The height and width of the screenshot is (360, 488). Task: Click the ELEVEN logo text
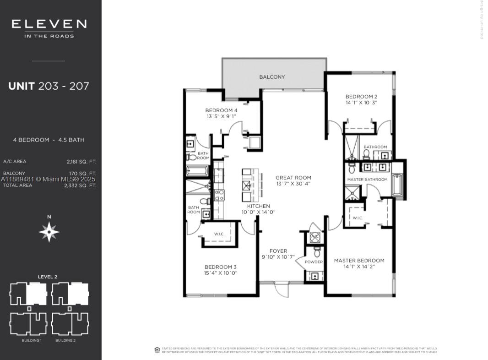pyautogui.click(x=49, y=24)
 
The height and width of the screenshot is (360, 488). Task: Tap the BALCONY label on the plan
pyautogui.click(x=272, y=77)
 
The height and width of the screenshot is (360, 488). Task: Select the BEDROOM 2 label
pyautogui.click(x=361, y=97)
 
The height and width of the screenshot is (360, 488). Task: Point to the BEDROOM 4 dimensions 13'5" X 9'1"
pyautogui.click(x=221, y=117)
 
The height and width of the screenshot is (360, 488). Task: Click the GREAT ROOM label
pyautogui.click(x=293, y=178)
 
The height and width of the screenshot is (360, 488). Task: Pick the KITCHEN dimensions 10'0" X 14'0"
pyautogui.click(x=258, y=213)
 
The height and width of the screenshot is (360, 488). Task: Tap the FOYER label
pyautogui.click(x=278, y=251)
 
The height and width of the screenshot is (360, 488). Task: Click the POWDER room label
pyautogui.click(x=314, y=262)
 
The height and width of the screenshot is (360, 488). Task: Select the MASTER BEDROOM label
pyautogui.click(x=359, y=261)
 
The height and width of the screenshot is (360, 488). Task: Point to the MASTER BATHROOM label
pyautogui.click(x=367, y=180)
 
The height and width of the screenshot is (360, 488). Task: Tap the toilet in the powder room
pyautogui.click(x=317, y=252)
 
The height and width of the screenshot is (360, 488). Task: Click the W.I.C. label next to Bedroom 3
pyautogui.click(x=219, y=234)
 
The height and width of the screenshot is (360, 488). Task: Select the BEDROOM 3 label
pyautogui.click(x=221, y=267)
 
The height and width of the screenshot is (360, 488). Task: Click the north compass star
pyautogui.click(x=49, y=232)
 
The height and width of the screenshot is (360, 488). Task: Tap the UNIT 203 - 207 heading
pyautogui.click(x=49, y=86)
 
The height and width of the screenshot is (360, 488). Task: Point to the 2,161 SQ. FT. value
pyautogui.click(x=81, y=162)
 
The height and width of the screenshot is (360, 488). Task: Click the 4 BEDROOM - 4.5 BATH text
pyautogui.click(x=49, y=140)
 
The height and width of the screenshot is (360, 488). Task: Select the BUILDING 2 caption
pyautogui.click(x=65, y=341)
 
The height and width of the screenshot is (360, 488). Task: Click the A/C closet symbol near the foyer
pyautogui.click(x=315, y=237)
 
